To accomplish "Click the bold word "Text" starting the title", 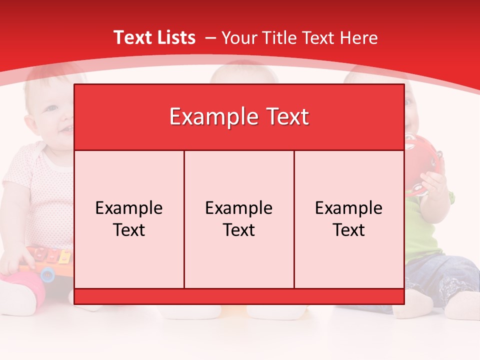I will pos(130,37).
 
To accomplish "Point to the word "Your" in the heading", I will pos(238,37).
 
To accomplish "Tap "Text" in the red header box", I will pos(287,117).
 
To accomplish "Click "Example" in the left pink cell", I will pos(129,208).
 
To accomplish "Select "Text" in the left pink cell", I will pos(129,230).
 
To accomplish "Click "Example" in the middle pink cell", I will pos(239,208).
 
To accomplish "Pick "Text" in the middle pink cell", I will pos(239,230).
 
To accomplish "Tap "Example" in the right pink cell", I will pos(349,208).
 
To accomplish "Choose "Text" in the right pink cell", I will pos(349,230).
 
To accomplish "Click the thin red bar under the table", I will pos(239,296).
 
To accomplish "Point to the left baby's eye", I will pos(51,107).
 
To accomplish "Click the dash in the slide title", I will pos(210,37).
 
